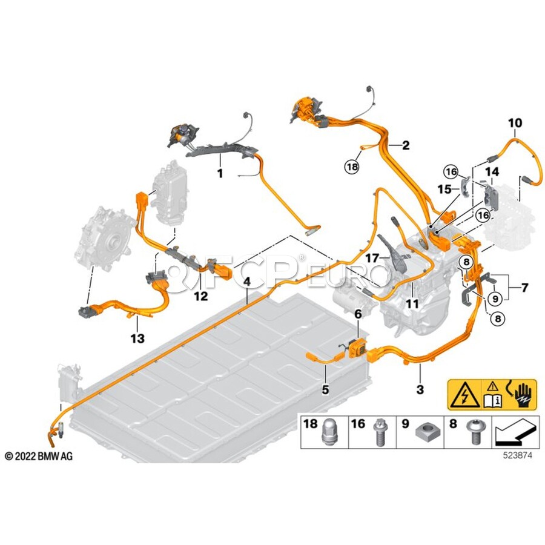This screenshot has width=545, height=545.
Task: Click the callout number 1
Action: pyautogui.click(x=220, y=173)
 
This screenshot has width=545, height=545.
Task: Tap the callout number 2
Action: pyautogui.click(x=406, y=145)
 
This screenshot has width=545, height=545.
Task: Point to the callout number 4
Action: pyautogui.click(x=247, y=282)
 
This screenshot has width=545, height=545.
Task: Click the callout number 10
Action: pyautogui.click(x=515, y=123)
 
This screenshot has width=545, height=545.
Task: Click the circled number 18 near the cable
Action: pyautogui.click(x=352, y=166)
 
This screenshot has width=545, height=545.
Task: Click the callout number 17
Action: pyautogui.click(x=372, y=258)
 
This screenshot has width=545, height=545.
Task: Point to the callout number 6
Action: pyautogui.click(x=358, y=314)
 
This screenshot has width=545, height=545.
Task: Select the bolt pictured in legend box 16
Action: pyautogui.click(x=379, y=434)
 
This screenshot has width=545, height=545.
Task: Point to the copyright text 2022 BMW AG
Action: pyautogui.click(x=39, y=456)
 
